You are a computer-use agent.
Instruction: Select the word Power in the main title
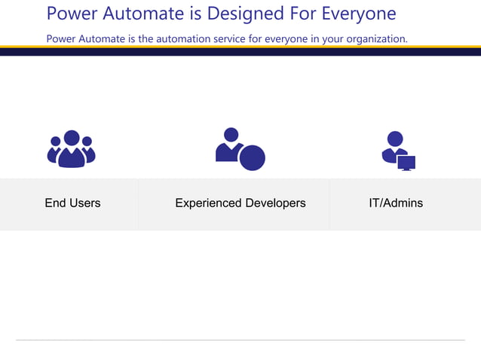[x=71, y=14]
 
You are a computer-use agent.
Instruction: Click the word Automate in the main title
[x=144, y=14]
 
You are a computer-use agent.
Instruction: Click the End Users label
[x=72, y=203]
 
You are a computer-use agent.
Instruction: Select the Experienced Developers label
[x=240, y=203]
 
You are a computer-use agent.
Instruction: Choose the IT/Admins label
[x=396, y=203]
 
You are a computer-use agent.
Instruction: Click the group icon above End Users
[x=72, y=149]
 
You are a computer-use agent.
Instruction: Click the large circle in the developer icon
[x=253, y=157]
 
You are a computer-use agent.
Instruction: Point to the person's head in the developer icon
[x=231, y=135]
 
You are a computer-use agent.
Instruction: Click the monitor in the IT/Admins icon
[x=406, y=163]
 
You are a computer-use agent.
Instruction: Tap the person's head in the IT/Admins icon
[x=395, y=139]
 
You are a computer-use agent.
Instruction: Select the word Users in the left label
[x=84, y=203]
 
